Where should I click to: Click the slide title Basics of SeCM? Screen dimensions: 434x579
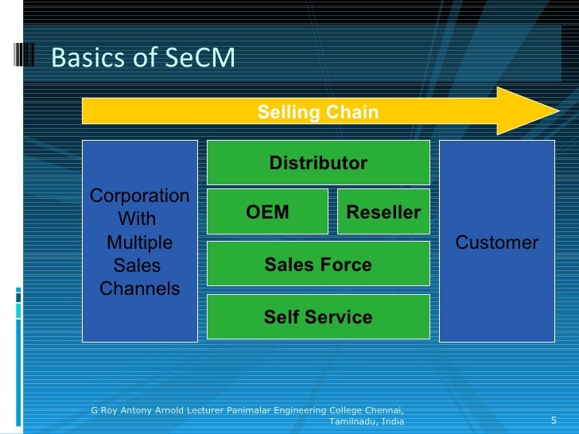(143, 58)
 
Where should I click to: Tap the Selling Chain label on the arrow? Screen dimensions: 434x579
(317, 113)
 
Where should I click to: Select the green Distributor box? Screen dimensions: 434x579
(318, 163)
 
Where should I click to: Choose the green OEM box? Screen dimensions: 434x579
(267, 212)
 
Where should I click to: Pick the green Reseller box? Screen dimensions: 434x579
(383, 212)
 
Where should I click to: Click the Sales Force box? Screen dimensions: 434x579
(318, 265)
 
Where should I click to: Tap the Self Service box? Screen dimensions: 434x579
(318, 317)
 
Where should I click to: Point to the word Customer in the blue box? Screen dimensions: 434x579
(496, 242)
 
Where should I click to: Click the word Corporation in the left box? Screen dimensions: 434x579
(140, 196)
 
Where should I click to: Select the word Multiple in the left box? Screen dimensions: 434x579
(139, 242)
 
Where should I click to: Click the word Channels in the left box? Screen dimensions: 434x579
(140, 289)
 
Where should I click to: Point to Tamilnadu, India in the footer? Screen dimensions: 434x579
(366, 420)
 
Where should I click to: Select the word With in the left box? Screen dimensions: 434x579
(137, 219)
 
